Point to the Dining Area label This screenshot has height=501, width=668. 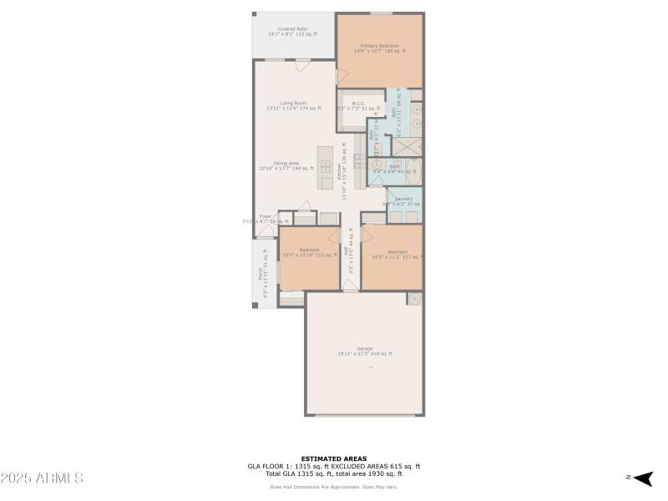(286, 165)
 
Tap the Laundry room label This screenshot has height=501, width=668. (404, 200)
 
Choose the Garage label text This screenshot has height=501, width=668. (364, 351)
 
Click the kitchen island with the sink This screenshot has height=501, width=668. (326, 164)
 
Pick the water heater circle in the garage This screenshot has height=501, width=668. (413, 299)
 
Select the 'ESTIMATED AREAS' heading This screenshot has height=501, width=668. (333, 458)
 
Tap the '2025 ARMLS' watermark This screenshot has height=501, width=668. (42, 478)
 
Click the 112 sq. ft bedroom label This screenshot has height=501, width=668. (309, 252)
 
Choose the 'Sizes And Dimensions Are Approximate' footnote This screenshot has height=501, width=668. (333, 487)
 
